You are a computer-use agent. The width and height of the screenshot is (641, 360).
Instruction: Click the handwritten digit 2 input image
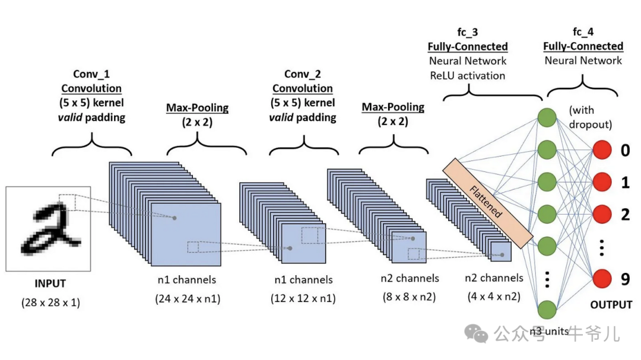click(48, 228)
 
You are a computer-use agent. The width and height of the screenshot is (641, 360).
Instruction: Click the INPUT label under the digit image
click(49, 283)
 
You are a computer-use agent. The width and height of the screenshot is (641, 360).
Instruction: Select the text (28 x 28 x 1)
click(50, 302)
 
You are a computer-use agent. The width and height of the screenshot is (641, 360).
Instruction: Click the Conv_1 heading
click(91, 74)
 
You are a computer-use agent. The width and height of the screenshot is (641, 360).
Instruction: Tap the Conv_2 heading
click(303, 74)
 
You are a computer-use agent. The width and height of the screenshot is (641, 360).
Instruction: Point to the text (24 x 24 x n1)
click(188, 298)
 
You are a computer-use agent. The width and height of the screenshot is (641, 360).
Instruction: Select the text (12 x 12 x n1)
click(303, 298)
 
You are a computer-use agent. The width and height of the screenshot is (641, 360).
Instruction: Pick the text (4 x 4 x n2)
click(493, 297)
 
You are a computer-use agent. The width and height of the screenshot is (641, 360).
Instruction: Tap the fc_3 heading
click(468, 33)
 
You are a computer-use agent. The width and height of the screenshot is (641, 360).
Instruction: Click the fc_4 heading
click(583, 33)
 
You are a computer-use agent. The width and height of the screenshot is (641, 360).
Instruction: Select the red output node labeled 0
click(602, 151)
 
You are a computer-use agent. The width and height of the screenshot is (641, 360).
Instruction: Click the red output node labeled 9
click(602, 278)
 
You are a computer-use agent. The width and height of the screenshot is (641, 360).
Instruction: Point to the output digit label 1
click(625, 183)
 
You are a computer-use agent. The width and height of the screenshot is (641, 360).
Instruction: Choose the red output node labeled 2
click(602, 214)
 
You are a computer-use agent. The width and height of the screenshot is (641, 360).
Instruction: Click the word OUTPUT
click(611, 305)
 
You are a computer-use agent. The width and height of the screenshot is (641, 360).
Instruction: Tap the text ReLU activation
click(468, 75)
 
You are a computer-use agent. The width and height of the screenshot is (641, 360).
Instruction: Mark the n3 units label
click(549, 331)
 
